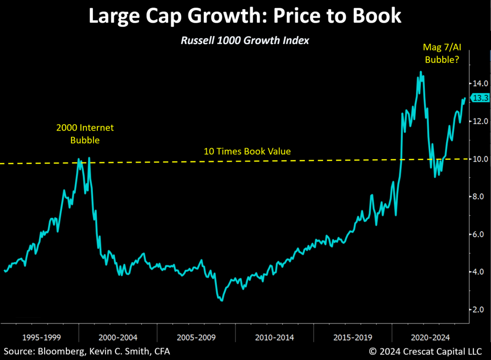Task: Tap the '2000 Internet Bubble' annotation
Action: click(x=85, y=134)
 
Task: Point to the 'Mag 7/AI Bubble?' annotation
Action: click(x=441, y=54)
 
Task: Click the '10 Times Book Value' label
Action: click(x=247, y=151)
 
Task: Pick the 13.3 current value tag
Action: click(x=480, y=97)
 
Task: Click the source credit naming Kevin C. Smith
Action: click(x=87, y=351)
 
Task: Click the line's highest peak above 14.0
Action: click(x=421, y=72)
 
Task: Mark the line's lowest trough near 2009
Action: click(x=221, y=300)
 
